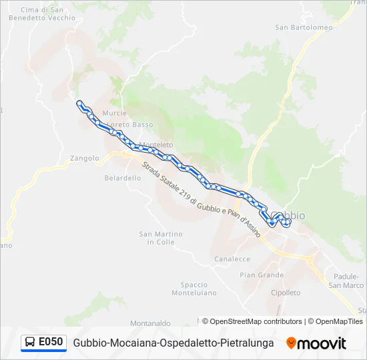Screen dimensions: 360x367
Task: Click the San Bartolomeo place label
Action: [x=304, y=27]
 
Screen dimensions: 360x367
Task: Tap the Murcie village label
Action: [x=115, y=113]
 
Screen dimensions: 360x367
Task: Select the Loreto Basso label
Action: [x=131, y=125]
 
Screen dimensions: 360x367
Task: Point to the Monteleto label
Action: [x=155, y=145]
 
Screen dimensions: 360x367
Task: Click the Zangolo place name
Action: [x=84, y=159]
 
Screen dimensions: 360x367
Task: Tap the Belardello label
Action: [x=123, y=178]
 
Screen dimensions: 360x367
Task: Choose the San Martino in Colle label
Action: [x=160, y=238]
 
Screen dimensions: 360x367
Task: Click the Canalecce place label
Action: [x=232, y=259]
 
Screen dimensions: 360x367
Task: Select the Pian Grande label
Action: [x=262, y=275]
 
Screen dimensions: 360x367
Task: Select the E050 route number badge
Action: [x=44, y=343]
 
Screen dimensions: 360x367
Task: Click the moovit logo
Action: [x=316, y=343]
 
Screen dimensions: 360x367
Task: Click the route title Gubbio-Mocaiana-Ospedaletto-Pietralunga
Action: [x=173, y=343]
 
